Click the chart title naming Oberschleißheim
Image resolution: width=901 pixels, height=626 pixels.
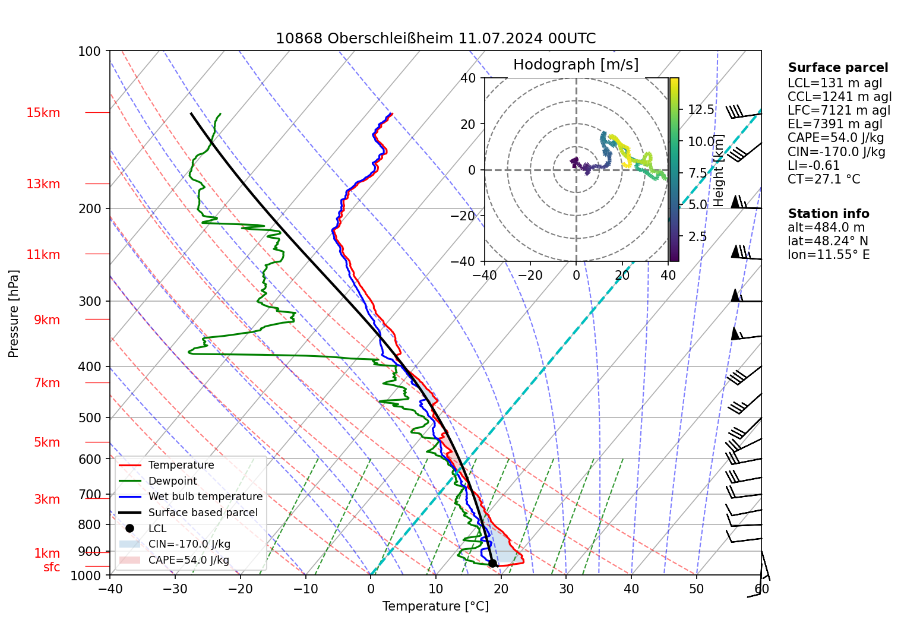pos(435,39)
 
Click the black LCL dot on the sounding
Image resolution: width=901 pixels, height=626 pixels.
pos(492,563)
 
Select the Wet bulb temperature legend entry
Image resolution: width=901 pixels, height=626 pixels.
pos(205,497)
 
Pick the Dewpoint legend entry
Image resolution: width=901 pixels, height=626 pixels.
pos(172,481)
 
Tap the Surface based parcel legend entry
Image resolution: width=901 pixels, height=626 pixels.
pos(203,513)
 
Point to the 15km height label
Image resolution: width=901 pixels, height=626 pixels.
pos(43,113)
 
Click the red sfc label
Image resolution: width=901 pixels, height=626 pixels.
pos(52,567)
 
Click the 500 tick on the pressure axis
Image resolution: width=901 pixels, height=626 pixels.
pos(90,418)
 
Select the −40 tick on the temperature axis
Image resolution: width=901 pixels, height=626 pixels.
pos(110,589)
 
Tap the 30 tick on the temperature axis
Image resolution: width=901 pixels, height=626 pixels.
pos(566,589)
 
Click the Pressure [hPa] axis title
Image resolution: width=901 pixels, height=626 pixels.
pos(14,314)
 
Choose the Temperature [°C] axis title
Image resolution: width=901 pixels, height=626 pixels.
pos(435,606)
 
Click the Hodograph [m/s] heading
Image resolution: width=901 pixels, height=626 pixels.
pos(576,65)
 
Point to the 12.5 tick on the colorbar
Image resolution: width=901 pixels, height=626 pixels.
pos(701,110)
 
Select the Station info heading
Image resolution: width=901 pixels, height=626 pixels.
pos(829,214)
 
